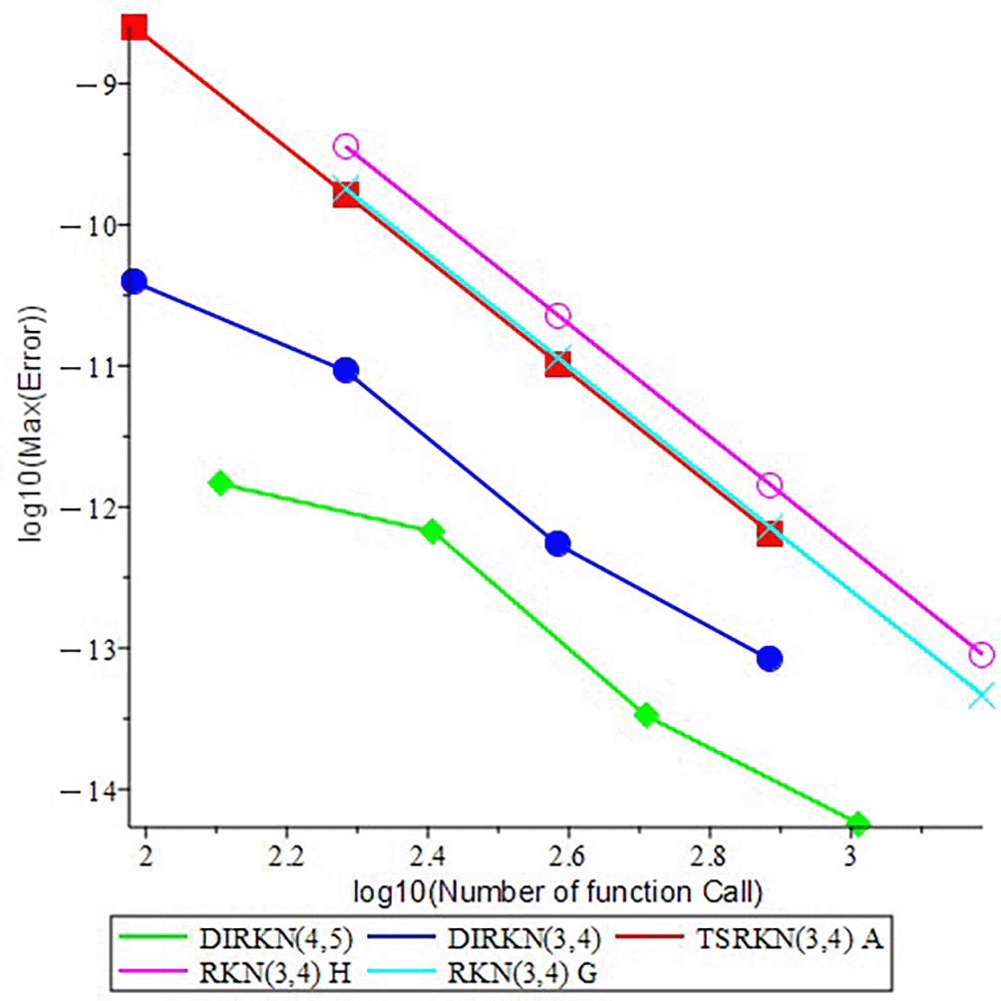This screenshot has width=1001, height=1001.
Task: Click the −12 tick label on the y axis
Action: (94, 507)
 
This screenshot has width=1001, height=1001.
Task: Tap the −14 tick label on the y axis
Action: (94, 791)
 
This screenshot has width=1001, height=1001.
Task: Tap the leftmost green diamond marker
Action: (221, 484)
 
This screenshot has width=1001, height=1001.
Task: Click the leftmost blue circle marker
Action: (134, 282)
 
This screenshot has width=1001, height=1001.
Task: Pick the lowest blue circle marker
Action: (769, 658)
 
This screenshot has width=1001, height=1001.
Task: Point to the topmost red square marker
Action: (135, 26)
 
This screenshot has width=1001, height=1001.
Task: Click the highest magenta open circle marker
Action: (346, 147)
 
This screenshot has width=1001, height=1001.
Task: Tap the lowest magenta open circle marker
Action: (982, 655)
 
